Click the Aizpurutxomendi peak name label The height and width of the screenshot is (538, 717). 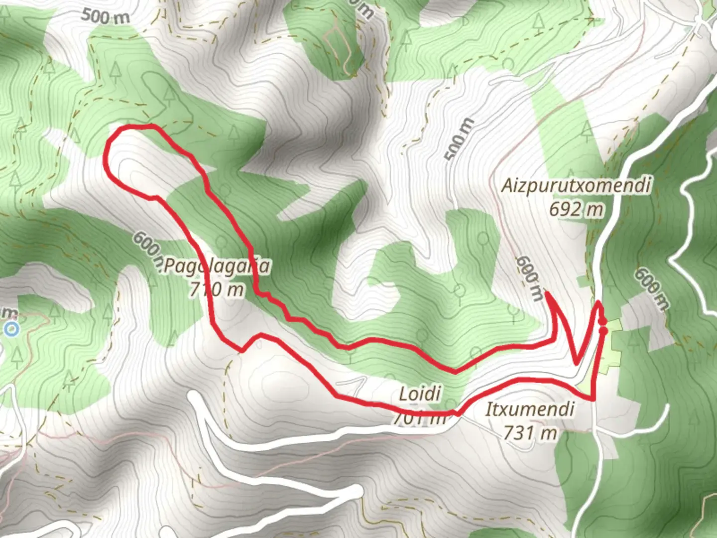tap(576, 186)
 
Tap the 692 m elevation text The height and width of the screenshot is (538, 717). tap(576, 209)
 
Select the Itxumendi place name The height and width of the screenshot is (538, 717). tap(530, 409)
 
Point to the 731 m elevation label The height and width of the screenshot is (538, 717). tap(530, 433)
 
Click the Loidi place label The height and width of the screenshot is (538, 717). tap(420, 394)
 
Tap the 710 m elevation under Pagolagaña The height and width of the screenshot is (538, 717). tap(217, 289)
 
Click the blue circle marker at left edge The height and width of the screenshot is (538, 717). tap(12, 329)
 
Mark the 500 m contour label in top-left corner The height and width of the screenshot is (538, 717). tap(105, 17)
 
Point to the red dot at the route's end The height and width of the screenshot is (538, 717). tap(603, 330)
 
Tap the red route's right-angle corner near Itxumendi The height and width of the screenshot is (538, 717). tap(594, 399)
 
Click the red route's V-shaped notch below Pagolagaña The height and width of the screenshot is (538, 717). tap(242, 351)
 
